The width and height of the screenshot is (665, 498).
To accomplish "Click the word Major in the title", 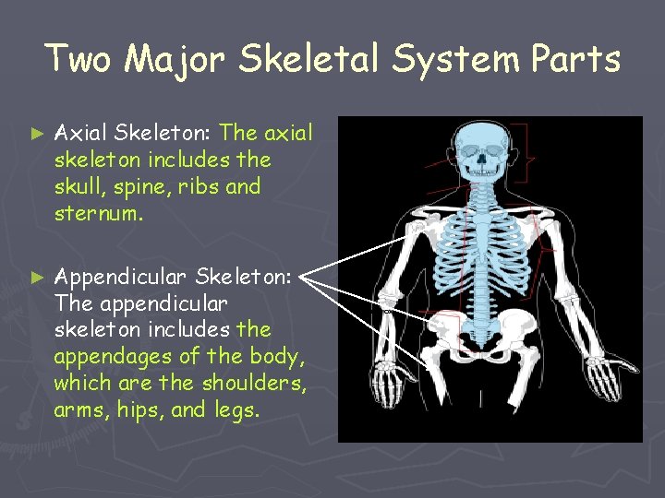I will point(176,59).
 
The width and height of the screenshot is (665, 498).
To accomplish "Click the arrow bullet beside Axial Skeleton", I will point(38,135).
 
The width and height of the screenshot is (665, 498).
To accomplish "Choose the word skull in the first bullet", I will point(79,186).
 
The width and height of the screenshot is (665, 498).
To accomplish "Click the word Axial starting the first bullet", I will point(78,135).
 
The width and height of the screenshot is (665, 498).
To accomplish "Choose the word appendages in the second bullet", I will point(107,356).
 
